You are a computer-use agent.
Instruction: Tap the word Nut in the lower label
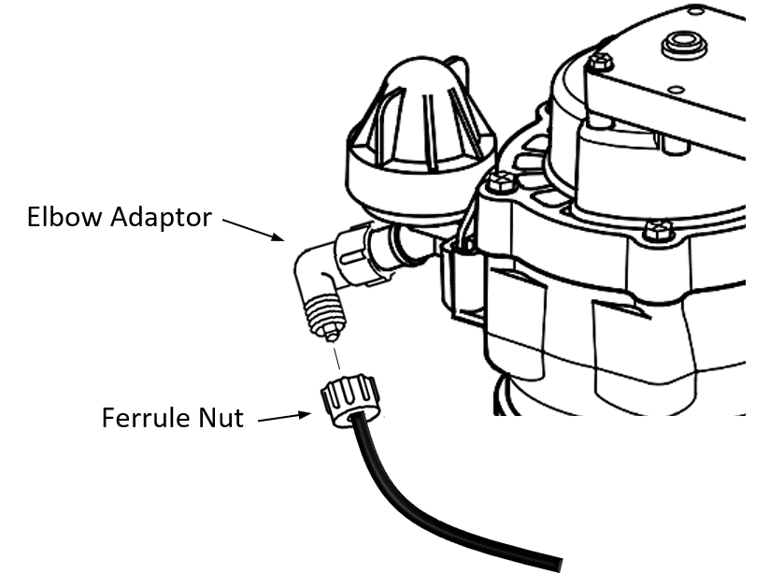pyautogui.click(x=221, y=417)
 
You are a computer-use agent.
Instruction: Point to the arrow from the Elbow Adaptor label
pyautogui.click(x=254, y=230)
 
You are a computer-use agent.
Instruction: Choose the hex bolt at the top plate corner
pyautogui.click(x=601, y=62)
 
